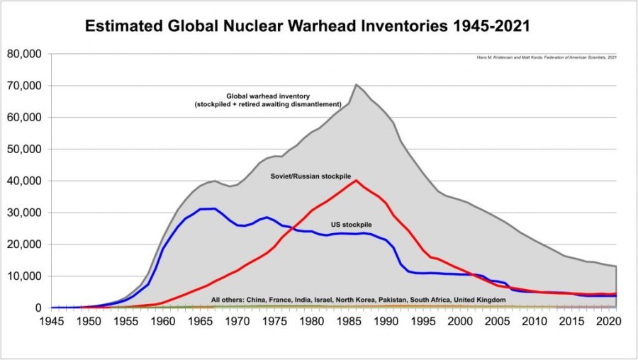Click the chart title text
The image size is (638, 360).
pos(307,27)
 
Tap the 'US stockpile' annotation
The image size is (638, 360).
pos(352,224)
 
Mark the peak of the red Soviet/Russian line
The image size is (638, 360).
pos(356,180)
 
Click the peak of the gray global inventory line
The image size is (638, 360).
pos(356,84)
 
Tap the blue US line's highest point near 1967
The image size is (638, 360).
pos(214,208)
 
